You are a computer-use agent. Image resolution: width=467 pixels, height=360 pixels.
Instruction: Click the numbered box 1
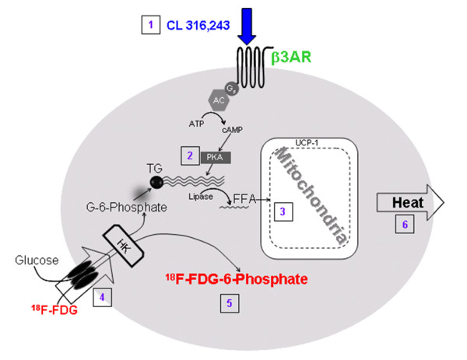coord(148,24)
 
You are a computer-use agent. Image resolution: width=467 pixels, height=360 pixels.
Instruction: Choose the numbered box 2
coord(189,156)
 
